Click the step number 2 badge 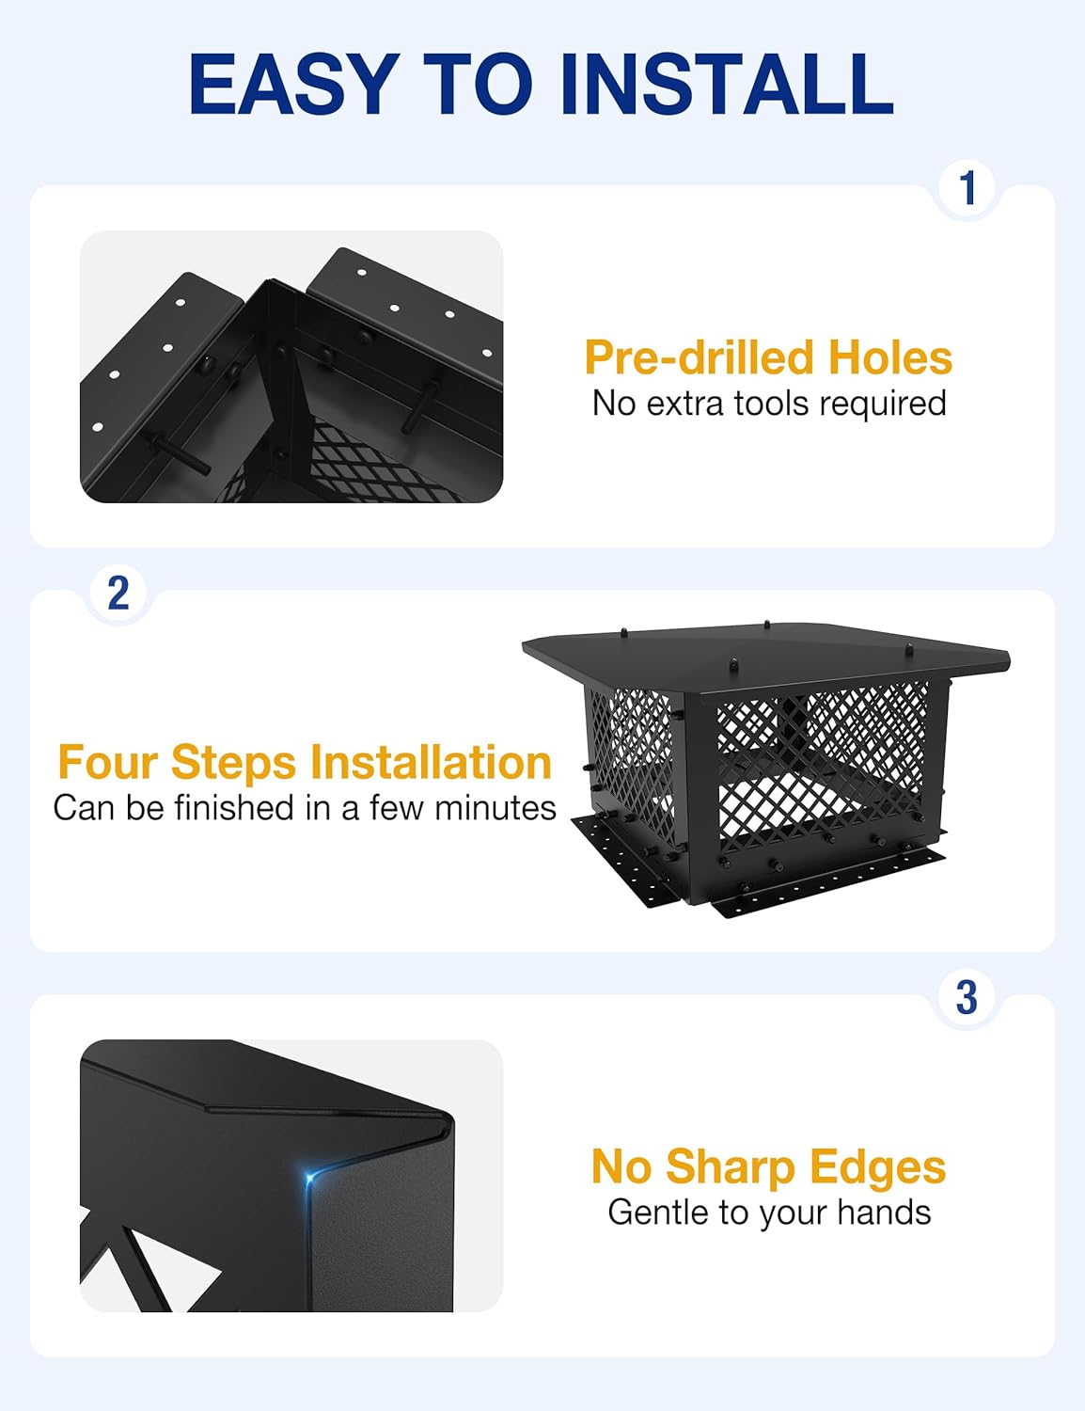point(118,593)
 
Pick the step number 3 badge point(967,998)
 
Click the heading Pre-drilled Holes point(768,358)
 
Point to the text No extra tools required point(768,404)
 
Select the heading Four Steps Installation point(304,763)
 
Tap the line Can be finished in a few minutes point(304,808)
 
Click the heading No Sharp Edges point(768,1167)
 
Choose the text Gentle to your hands point(768,1213)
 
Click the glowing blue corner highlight point(311,1175)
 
